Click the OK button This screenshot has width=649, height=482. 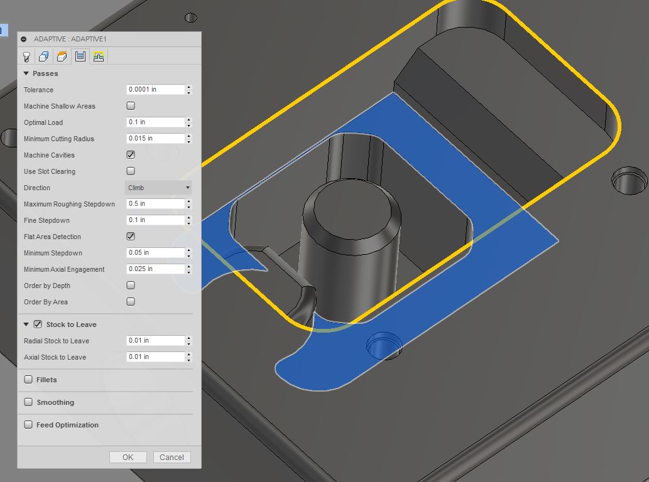click(128, 457)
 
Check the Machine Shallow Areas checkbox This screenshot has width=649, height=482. click(131, 105)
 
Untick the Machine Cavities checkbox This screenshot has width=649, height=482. click(131, 154)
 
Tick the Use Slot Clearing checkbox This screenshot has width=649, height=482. click(131, 171)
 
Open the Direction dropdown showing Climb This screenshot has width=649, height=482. click(158, 188)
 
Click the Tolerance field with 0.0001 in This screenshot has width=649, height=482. click(155, 89)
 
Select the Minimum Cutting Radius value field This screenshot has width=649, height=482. click(155, 138)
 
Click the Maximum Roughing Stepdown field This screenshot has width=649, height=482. click(155, 203)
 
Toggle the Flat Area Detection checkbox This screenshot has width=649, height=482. click(131, 236)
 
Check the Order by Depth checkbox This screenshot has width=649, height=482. click(131, 285)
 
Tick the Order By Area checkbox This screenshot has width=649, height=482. click(131, 301)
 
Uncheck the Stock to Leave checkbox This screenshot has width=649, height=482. click(38, 324)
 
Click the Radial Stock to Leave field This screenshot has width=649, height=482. click(155, 340)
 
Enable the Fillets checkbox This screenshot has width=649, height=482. click(28, 380)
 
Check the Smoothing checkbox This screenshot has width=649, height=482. click(28, 402)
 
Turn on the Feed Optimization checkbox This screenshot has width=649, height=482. click(28, 425)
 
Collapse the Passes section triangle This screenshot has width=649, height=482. click(26, 73)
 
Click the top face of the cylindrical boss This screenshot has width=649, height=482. click(350, 207)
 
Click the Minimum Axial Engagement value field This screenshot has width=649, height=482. click(155, 269)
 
